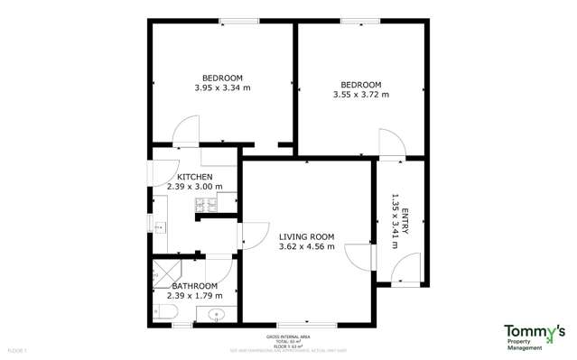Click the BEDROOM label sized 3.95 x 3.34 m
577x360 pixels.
coord(220,77)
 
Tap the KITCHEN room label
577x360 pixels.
coord(195,177)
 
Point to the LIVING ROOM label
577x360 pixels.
coord(307,237)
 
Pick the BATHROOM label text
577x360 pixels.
coord(194,286)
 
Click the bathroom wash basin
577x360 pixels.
coord(216,315)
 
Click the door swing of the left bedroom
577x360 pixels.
coord(185,132)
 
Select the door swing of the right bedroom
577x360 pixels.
coord(392,144)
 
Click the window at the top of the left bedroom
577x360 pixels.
coord(235,22)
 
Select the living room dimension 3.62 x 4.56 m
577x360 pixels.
coord(307,247)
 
